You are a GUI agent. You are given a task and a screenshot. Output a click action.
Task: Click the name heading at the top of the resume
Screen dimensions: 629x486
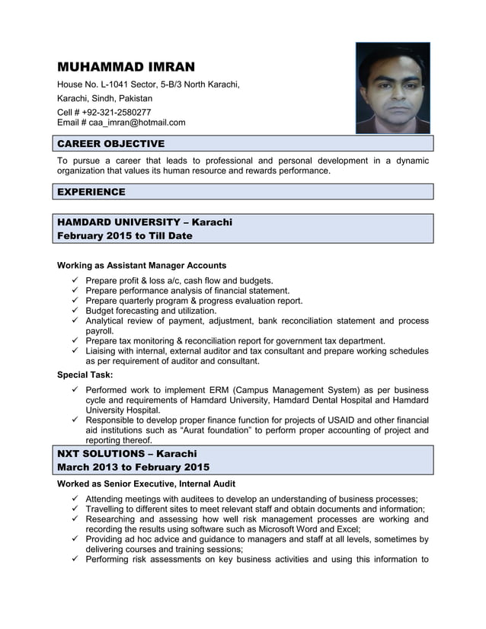click(126, 66)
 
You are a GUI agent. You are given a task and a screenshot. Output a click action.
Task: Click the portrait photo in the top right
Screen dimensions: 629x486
click(392, 88)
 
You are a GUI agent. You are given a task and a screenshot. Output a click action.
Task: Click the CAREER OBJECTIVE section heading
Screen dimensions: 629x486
click(111, 144)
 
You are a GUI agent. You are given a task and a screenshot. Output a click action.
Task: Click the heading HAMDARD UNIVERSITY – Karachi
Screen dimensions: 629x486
click(145, 222)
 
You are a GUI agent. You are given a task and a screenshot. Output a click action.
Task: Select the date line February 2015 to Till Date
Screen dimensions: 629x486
click(125, 236)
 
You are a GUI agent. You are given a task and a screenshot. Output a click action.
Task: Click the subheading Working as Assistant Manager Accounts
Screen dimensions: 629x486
click(142, 266)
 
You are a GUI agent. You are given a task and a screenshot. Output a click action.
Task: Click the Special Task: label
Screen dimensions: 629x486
click(85, 375)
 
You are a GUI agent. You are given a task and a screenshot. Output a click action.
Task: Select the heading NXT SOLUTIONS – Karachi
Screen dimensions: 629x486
click(127, 454)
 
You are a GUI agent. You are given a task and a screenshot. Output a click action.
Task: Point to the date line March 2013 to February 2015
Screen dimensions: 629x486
click(133, 468)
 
